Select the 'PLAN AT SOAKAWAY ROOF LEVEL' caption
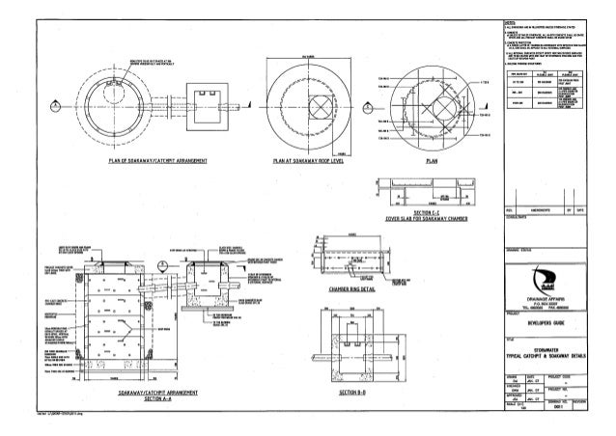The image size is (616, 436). pyautogui.click(x=309, y=164)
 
